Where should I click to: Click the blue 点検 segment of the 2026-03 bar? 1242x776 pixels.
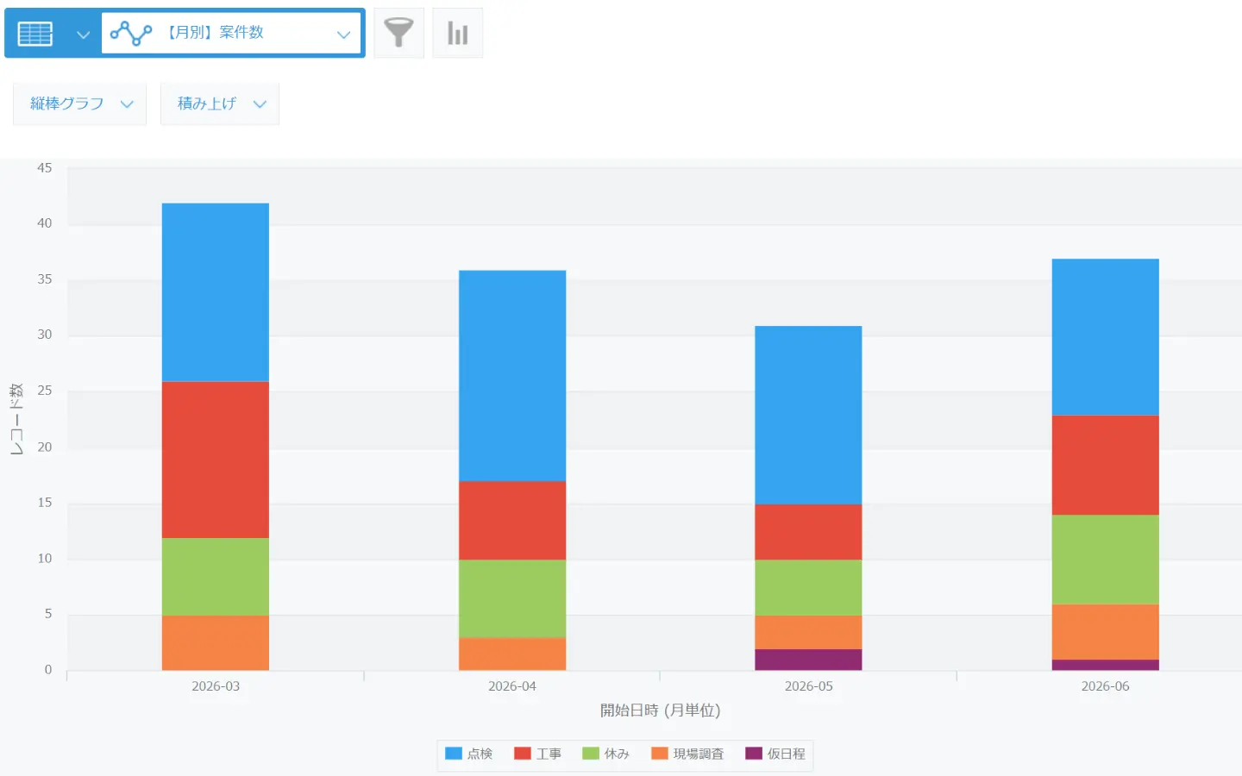[215, 292]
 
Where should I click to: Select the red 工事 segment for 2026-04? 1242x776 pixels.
[512, 521]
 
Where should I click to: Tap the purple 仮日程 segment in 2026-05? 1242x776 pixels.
[808, 660]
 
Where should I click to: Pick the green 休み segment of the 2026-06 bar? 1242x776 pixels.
[1106, 560]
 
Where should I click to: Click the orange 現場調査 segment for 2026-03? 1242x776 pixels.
[215, 643]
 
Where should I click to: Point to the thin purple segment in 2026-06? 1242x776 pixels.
[1106, 665]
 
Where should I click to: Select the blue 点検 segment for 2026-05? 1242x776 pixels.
[808, 416]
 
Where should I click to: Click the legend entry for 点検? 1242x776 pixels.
[469, 754]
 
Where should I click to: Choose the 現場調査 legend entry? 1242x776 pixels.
[687, 754]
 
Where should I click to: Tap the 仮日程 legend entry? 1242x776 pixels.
[775, 754]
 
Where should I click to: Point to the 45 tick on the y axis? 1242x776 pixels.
[44, 168]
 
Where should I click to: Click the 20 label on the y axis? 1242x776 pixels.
[44, 447]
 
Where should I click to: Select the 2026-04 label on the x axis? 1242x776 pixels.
[512, 686]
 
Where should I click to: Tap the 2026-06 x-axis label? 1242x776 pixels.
[1106, 686]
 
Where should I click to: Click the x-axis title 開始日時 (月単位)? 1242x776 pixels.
[661, 710]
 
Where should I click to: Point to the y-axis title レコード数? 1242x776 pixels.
[16, 419]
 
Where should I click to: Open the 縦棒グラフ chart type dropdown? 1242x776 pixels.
[80, 103]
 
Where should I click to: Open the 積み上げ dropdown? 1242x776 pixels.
[220, 103]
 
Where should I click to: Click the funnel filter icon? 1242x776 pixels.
[398, 33]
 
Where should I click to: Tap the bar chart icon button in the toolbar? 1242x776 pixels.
[457, 33]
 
